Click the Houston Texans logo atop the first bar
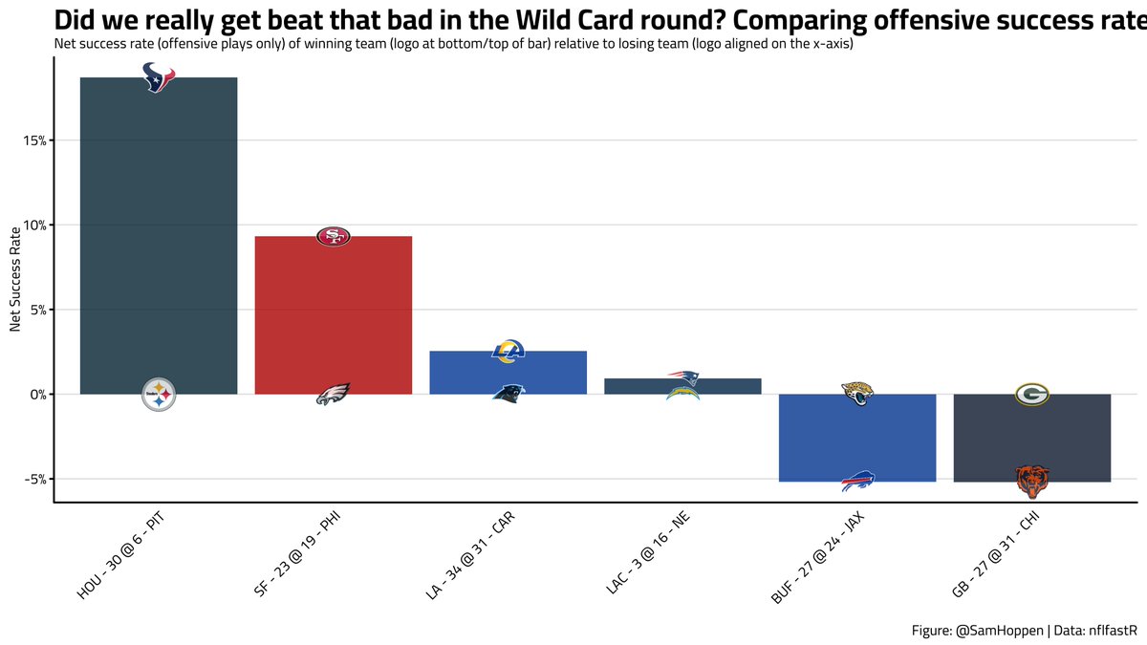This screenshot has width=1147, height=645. [x=159, y=77]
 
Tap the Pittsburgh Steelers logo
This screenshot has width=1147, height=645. [x=159, y=394]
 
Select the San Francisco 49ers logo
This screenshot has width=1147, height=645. [x=333, y=236]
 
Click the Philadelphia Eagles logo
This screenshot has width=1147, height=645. [x=333, y=394]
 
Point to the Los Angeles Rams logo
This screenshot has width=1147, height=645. [x=508, y=352]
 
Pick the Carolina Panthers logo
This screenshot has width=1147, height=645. [x=508, y=392]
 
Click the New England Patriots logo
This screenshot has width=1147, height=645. [x=682, y=377]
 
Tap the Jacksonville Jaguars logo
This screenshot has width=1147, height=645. [x=857, y=393]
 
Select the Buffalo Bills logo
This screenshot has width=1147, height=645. [x=857, y=482]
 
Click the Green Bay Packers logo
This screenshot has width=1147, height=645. [x=1032, y=394]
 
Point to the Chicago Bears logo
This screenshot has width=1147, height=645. [x=1032, y=482]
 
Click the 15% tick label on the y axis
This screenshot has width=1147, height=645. [x=35, y=140]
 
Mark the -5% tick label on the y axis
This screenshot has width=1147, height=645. [x=35, y=479]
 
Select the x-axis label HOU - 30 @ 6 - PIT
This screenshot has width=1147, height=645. [x=122, y=554]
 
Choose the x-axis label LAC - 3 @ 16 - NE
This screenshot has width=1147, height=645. [x=648, y=554]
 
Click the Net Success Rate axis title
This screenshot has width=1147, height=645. [x=15, y=279]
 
